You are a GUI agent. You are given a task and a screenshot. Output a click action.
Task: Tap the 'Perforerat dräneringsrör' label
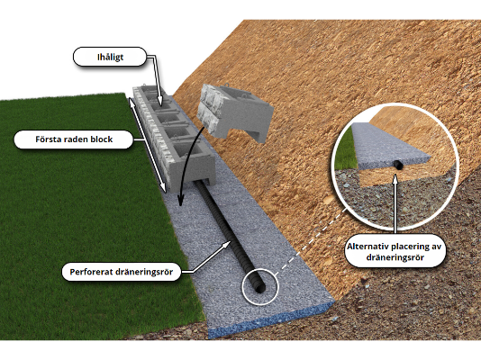tap(121, 271)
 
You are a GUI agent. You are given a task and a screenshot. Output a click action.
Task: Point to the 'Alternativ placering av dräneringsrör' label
tap(397, 251)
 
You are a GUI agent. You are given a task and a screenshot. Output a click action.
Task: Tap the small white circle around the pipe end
tap(260, 285)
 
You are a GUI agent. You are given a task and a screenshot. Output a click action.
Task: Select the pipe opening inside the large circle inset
tap(397, 166)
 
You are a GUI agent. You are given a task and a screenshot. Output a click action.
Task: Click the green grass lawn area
tap(72, 225)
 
